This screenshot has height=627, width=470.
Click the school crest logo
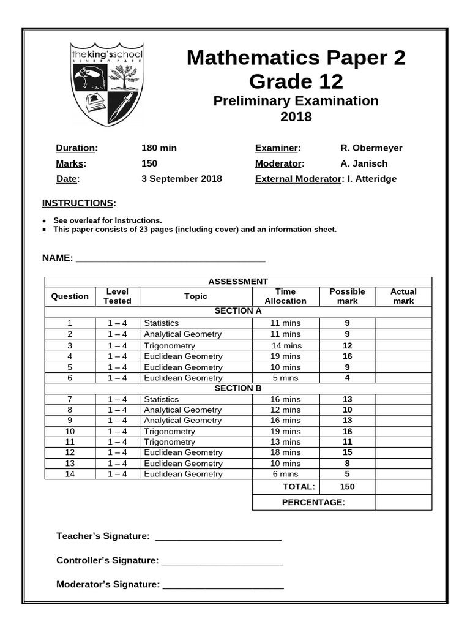tap(107, 84)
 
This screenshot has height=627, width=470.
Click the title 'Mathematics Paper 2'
tap(296, 58)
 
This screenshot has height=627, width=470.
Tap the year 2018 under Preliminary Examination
tap(296, 117)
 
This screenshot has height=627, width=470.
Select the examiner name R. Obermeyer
tap(371, 148)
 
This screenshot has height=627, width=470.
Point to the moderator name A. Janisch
tap(364, 163)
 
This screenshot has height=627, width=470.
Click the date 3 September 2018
tap(181, 179)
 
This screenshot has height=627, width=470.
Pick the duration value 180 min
tap(159, 148)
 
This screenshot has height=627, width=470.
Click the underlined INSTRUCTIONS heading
tap(78, 203)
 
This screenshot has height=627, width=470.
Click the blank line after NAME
tap(170, 258)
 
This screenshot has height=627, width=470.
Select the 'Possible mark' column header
tap(347, 296)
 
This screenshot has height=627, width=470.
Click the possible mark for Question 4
tap(347, 356)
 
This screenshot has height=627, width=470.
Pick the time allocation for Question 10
tap(285, 431)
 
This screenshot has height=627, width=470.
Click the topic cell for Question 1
tap(195, 323)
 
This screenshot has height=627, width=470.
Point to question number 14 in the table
tap(70, 474)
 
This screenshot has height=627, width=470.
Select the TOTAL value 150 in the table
tap(347, 487)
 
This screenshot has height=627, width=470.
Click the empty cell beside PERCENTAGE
tap(403, 503)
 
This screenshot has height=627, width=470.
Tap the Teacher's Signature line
tap(218, 537)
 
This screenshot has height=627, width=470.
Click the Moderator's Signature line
tap(223, 585)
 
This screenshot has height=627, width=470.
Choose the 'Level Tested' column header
tap(117, 296)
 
